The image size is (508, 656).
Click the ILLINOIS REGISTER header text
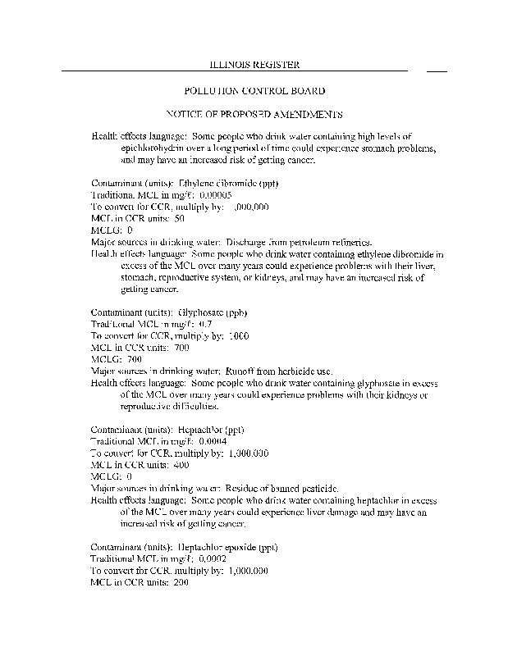pyautogui.click(x=254, y=64)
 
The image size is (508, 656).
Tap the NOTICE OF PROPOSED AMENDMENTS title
pyautogui.click(x=254, y=113)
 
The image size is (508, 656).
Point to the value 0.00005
pyautogui.click(x=217, y=195)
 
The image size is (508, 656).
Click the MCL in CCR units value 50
pyautogui.click(x=180, y=219)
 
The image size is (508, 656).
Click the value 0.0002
pyautogui.click(x=215, y=558)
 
